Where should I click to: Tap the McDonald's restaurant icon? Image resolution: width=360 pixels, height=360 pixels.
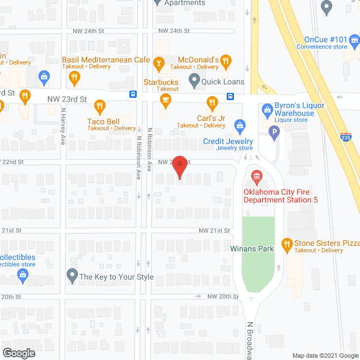tap(225, 60)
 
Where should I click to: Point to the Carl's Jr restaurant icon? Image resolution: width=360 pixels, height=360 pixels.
tap(211, 102)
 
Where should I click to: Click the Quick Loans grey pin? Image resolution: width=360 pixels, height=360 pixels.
tap(195, 81)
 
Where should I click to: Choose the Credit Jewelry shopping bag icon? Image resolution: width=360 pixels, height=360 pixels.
tap(240, 124)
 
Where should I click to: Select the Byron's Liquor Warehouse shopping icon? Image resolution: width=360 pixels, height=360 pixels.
tap(267, 107)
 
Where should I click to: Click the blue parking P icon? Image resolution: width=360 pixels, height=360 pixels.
tap(274, 133)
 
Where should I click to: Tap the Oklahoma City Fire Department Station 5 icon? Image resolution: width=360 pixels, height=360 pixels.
tap(256, 178)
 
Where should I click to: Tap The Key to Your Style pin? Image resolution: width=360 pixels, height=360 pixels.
tap(71, 276)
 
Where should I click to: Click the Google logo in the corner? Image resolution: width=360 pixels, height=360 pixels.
tap(18, 353)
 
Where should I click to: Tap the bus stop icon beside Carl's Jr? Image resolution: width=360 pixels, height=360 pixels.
tap(231, 96)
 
